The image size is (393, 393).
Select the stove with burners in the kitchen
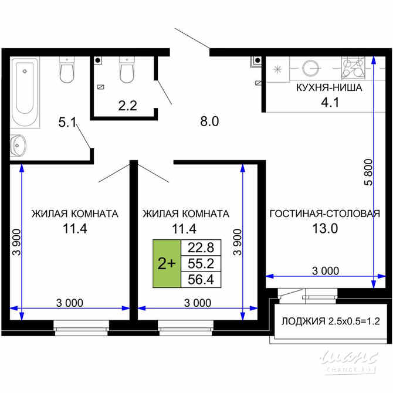354,68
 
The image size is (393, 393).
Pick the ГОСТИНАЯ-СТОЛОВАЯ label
323,214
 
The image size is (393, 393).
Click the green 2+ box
167,264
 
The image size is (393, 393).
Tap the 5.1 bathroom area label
67,123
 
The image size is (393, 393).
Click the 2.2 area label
127,106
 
